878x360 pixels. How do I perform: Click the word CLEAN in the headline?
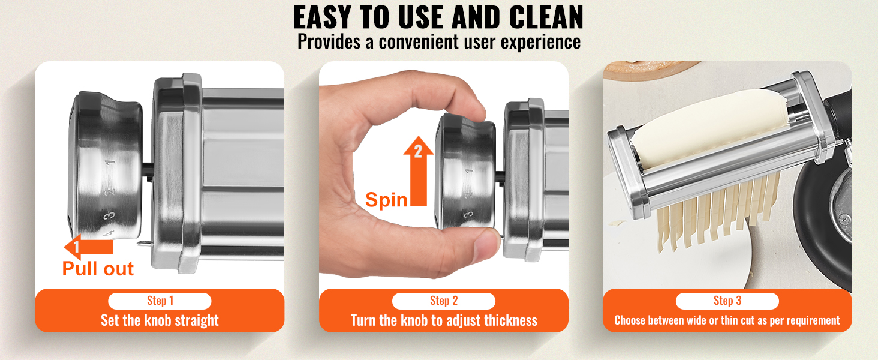tap(546, 17)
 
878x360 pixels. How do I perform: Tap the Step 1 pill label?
tap(160, 301)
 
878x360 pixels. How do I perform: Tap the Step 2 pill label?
tap(444, 301)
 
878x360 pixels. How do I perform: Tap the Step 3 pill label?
tap(727, 301)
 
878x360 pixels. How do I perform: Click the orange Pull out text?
tap(98, 269)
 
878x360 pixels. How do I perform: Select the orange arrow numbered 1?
tap(89, 247)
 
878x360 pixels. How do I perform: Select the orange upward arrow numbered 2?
tap(419, 171)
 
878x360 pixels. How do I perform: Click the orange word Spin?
tap(386, 200)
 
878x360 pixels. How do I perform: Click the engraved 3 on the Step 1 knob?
tap(109, 215)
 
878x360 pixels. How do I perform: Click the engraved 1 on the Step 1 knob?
tap(110, 163)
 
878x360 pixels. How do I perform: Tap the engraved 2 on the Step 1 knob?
tap(110, 192)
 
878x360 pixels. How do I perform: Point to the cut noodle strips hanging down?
tap(717, 214)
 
